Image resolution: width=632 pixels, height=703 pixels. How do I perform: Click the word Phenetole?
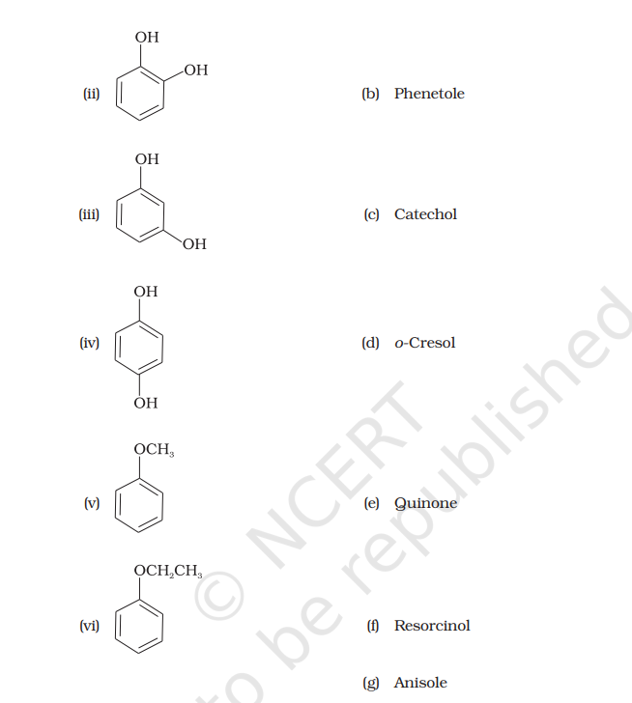(x=429, y=94)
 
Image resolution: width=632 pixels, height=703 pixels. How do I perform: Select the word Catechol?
(x=425, y=214)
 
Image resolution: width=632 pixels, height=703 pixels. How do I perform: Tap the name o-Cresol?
(x=424, y=343)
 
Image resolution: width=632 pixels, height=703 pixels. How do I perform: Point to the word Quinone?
(x=425, y=503)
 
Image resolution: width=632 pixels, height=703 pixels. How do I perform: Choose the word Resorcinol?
(x=432, y=626)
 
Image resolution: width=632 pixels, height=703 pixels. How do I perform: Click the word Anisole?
(x=420, y=683)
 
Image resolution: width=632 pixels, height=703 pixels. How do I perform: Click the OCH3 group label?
(x=154, y=450)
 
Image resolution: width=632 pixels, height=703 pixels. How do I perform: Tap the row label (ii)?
(x=91, y=94)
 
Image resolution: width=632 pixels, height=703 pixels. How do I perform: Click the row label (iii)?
(x=89, y=214)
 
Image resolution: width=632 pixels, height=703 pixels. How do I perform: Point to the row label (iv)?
(x=90, y=343)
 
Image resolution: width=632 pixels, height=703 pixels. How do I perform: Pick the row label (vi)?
(x=90, y=626)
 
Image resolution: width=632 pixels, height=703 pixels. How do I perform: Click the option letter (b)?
(x=370, y=94)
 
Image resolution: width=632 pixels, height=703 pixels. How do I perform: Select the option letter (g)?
(x=370, y=683)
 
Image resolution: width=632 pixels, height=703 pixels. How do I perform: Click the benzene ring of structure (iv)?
(x=140, y=345)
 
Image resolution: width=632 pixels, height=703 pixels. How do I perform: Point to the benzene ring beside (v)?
(x=140, y=504)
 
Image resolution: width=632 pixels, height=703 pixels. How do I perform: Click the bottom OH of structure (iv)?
(x=146, y=403)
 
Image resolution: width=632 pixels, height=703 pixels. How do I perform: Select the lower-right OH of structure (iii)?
(x=193, y=244)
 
